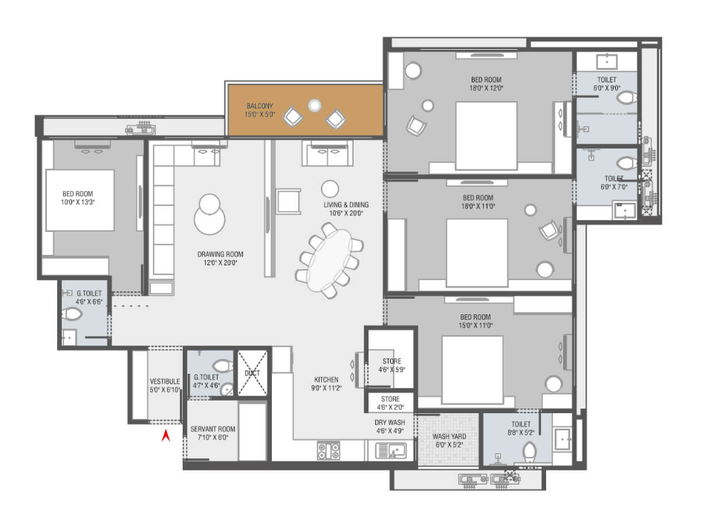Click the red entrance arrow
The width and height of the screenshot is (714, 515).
[166, 435]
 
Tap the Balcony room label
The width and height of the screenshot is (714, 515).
[259, 110]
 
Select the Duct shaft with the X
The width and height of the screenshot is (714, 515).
[253, 373]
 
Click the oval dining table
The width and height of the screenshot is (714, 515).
[330, 259]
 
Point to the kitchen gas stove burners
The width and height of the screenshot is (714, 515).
[328, 450]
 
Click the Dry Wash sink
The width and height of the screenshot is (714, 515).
[391, 450]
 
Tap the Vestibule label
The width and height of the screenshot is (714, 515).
[165, 385]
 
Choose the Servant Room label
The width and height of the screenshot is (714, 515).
[212, 433]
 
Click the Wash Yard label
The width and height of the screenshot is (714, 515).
[449, 441]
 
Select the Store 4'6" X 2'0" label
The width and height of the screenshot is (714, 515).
[390, 403]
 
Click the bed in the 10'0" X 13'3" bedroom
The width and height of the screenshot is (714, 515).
[79, 201]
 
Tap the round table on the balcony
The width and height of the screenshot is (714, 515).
[314, 106]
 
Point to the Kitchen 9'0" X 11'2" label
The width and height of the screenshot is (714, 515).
[326, 384]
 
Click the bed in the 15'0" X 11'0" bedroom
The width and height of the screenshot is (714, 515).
[473, 370]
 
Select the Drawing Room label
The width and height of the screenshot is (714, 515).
[221, 258]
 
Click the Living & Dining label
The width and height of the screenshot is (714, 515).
[346, 209]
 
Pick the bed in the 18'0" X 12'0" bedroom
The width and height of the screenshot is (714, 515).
[487, 136]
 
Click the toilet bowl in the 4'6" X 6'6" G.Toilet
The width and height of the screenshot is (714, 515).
[72, 314]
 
